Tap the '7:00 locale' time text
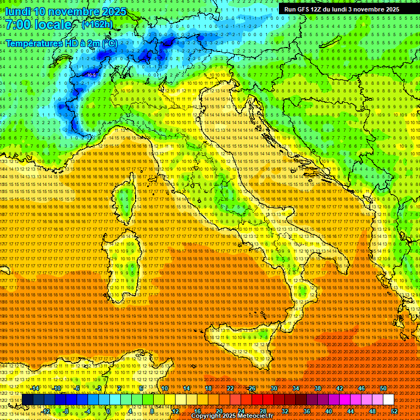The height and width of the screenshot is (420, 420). pos(38,25)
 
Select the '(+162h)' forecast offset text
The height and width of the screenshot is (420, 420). pos(97,25)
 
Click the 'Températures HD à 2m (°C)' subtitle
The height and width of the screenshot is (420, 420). pos(61,43)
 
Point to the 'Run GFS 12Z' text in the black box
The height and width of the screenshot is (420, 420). pos(306,9)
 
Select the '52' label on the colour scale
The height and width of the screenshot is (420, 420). pos(394,411)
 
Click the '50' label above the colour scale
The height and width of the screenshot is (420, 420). pos(383,388)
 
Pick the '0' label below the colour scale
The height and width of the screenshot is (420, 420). pos(108,411)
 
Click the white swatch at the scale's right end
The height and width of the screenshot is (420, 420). pos(388,400)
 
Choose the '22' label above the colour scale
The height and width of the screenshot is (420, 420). pos(230,388)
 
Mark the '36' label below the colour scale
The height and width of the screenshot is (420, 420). pos(306,411)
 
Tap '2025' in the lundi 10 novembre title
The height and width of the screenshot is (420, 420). pos(114,11)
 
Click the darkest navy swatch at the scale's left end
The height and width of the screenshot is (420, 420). pos(28,400)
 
